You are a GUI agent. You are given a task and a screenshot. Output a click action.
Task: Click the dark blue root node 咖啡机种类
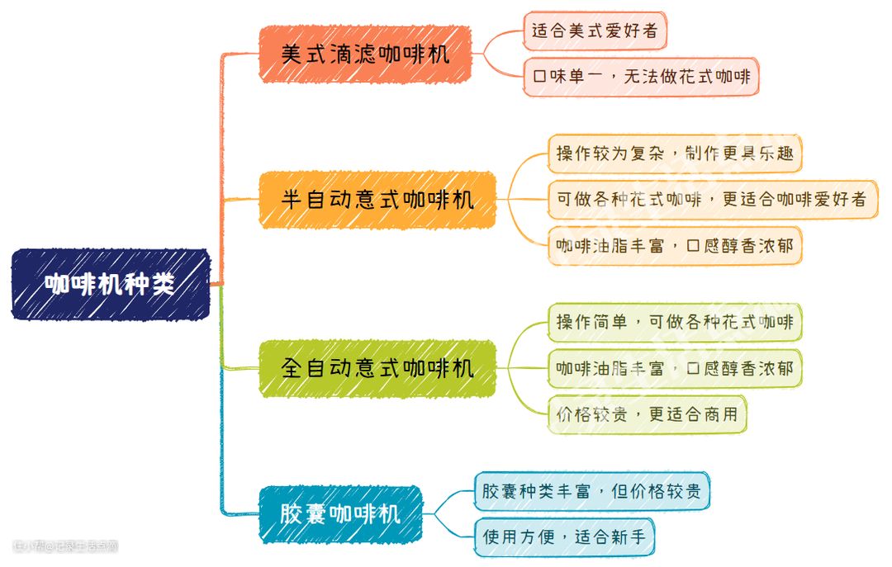click(111, 285)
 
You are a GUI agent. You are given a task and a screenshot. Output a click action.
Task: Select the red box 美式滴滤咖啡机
click(365, 54)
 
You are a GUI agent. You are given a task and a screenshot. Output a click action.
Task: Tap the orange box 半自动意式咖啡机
click(377, 200)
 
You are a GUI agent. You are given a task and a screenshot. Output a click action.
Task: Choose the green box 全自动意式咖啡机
click(377, 368)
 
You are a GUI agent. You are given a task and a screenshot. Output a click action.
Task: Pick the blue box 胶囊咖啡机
click(340, 514)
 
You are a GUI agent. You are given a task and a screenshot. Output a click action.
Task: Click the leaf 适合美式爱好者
click(595, 31)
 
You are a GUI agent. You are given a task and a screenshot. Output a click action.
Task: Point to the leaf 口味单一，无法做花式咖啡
click(641, 78)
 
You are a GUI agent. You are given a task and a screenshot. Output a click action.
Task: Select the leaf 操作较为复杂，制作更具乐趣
click(674, 154)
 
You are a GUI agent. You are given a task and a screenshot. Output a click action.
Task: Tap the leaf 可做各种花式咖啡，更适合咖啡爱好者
click(711, 200)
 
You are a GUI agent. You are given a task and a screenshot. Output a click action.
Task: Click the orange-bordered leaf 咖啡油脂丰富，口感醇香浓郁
click(674, 246)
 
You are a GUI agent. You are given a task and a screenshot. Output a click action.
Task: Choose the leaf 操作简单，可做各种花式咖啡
click(674, 322)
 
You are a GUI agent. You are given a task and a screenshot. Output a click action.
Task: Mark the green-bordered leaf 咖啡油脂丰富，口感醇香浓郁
click(674, 368)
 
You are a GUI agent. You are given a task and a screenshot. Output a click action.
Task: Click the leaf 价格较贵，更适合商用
click(647, 414)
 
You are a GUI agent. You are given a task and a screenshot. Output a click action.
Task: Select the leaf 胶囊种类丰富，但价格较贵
click(591, 491)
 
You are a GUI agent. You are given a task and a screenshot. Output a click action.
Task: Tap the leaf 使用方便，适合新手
click(564, 537)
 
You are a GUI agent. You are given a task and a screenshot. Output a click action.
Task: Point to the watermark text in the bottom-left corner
click(66, 546)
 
